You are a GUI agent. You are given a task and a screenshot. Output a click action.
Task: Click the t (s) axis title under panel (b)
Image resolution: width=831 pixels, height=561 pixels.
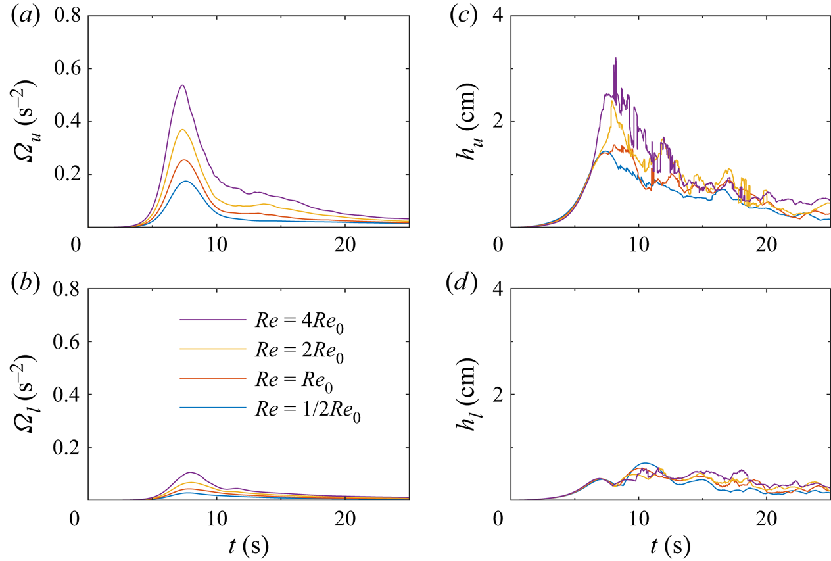[244, 545]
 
